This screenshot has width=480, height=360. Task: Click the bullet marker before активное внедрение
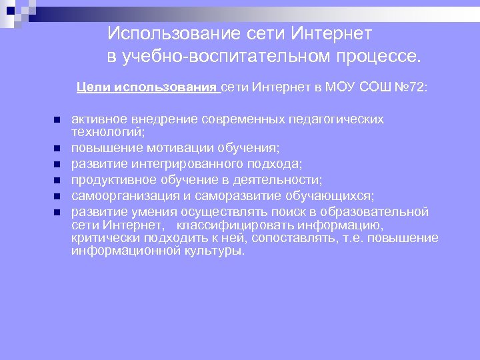click(x=57, y=119)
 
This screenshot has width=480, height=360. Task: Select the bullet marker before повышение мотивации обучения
click(x=57, y=148)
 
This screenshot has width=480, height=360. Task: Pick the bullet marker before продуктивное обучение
click(x=57, y=180)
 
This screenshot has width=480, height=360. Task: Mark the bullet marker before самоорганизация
click(x=57, y=196)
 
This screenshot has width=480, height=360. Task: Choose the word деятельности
click(x=276, y=180)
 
